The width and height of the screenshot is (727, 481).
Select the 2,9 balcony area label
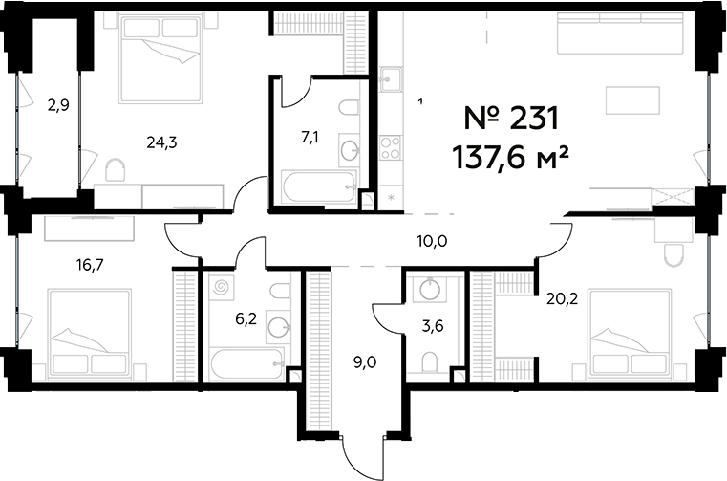(57, 106)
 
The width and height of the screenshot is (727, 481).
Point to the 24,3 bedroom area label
(162, 142)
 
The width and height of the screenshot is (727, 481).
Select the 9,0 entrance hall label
(365, 362)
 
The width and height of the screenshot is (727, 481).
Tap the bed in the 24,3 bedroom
(161, 57)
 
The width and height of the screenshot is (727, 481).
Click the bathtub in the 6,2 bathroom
(245, 363)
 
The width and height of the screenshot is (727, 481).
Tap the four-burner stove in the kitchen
(390, 147)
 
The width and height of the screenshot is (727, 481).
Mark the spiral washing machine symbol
(222, 287)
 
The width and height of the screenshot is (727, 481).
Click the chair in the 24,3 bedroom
(115, 171)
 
